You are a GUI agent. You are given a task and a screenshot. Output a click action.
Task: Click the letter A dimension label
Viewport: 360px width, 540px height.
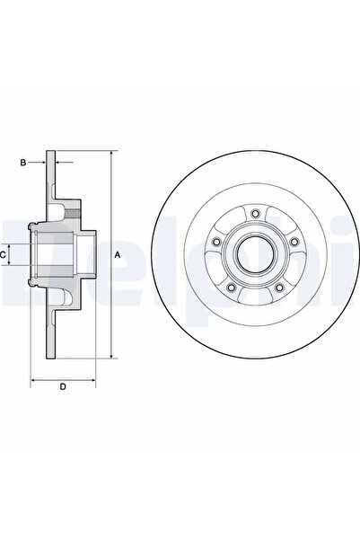(118, 256)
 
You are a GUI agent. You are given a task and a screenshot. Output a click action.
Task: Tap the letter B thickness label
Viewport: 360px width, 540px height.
(23, 162)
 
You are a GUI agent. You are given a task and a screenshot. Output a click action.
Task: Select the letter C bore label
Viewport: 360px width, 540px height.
(4, 255)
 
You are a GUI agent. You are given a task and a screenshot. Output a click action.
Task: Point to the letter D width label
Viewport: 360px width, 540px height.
(62, 387)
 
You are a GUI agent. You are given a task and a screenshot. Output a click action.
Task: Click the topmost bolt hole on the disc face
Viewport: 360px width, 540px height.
(255, 213)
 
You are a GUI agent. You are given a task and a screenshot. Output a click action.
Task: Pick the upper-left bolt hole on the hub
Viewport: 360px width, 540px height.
(216, 242)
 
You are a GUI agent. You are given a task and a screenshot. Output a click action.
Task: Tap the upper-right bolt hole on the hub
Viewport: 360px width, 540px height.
(294, 242)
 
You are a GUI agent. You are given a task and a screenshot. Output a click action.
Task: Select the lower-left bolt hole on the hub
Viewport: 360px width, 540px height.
(231, 287)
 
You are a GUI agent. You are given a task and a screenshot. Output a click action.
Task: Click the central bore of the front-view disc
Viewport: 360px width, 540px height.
(255, 255)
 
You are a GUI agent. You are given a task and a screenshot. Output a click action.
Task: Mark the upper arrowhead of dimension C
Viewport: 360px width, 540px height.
(13, 245)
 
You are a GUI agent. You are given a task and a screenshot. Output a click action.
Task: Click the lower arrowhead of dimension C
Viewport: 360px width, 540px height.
(13, 267)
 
